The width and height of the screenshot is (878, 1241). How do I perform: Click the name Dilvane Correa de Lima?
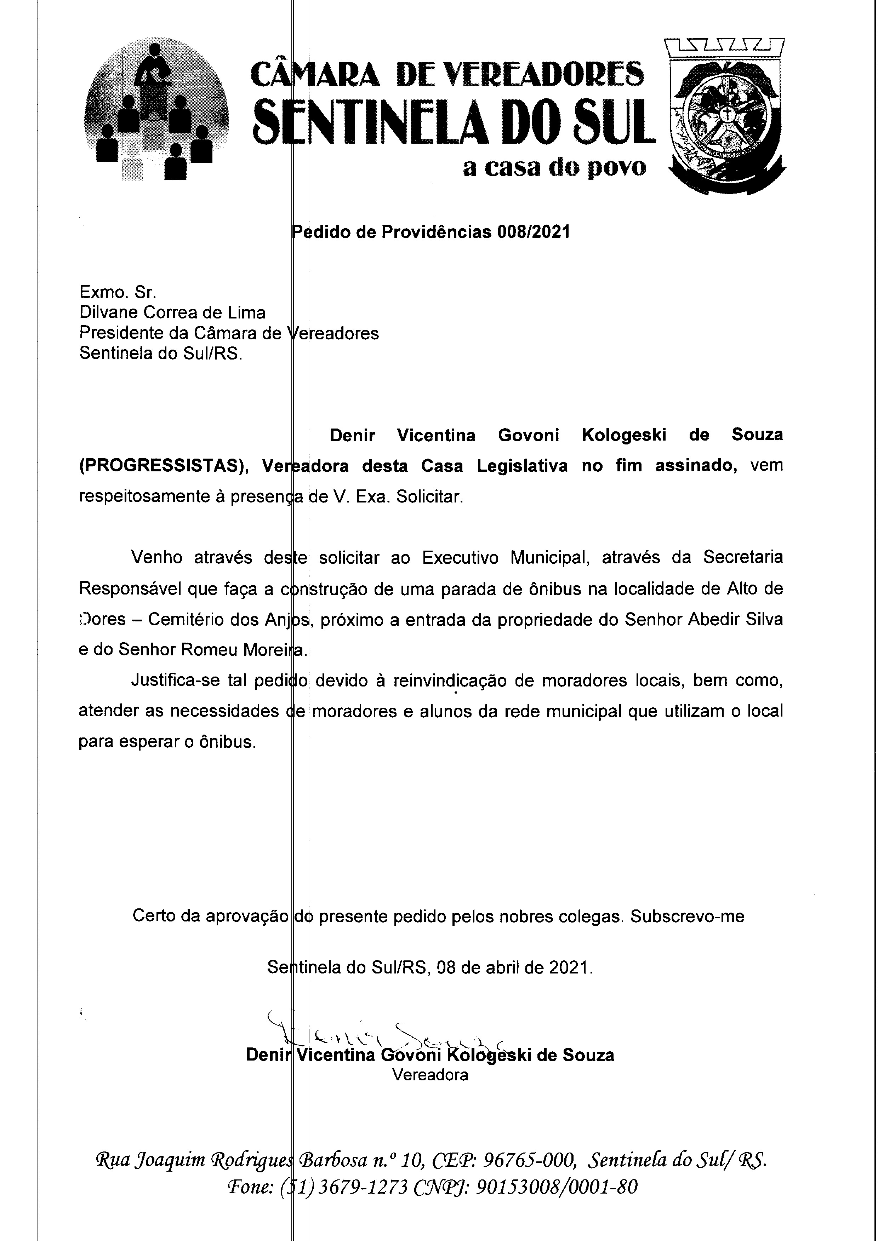[x=172, y=312]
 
